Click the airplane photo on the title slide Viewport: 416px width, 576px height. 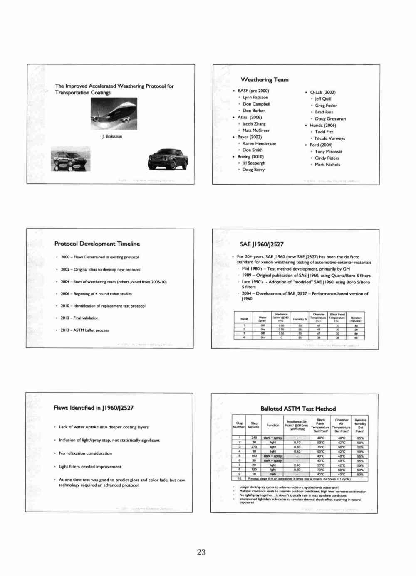click(114, 113)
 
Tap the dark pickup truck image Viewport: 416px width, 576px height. click(168, 160)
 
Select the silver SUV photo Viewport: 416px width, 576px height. click(71, 159)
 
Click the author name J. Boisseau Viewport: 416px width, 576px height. click(112, 136)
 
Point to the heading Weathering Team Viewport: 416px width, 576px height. click(264, 80)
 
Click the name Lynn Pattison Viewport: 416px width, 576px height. click(255, 97)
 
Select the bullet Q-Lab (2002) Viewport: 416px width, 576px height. click(322, 92)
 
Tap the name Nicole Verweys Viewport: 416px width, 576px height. click(329, 138)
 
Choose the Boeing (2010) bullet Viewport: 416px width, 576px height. click(250, 157)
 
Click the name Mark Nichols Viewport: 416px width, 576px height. click(327, 165)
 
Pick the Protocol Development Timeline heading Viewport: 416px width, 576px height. click(97, 244)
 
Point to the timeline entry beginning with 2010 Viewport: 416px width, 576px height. click(103, 306)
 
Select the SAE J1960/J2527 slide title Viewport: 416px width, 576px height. click(262, 244)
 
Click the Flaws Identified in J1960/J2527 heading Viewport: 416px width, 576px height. click(94, 408)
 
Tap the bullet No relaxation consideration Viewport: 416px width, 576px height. click(85, 453)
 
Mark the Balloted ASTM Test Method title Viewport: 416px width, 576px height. click(298, 409)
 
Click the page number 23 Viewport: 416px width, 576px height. click(201, 552)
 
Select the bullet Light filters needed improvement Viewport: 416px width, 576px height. click(90, 467)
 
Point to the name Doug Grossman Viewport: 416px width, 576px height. click(330, 119)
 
